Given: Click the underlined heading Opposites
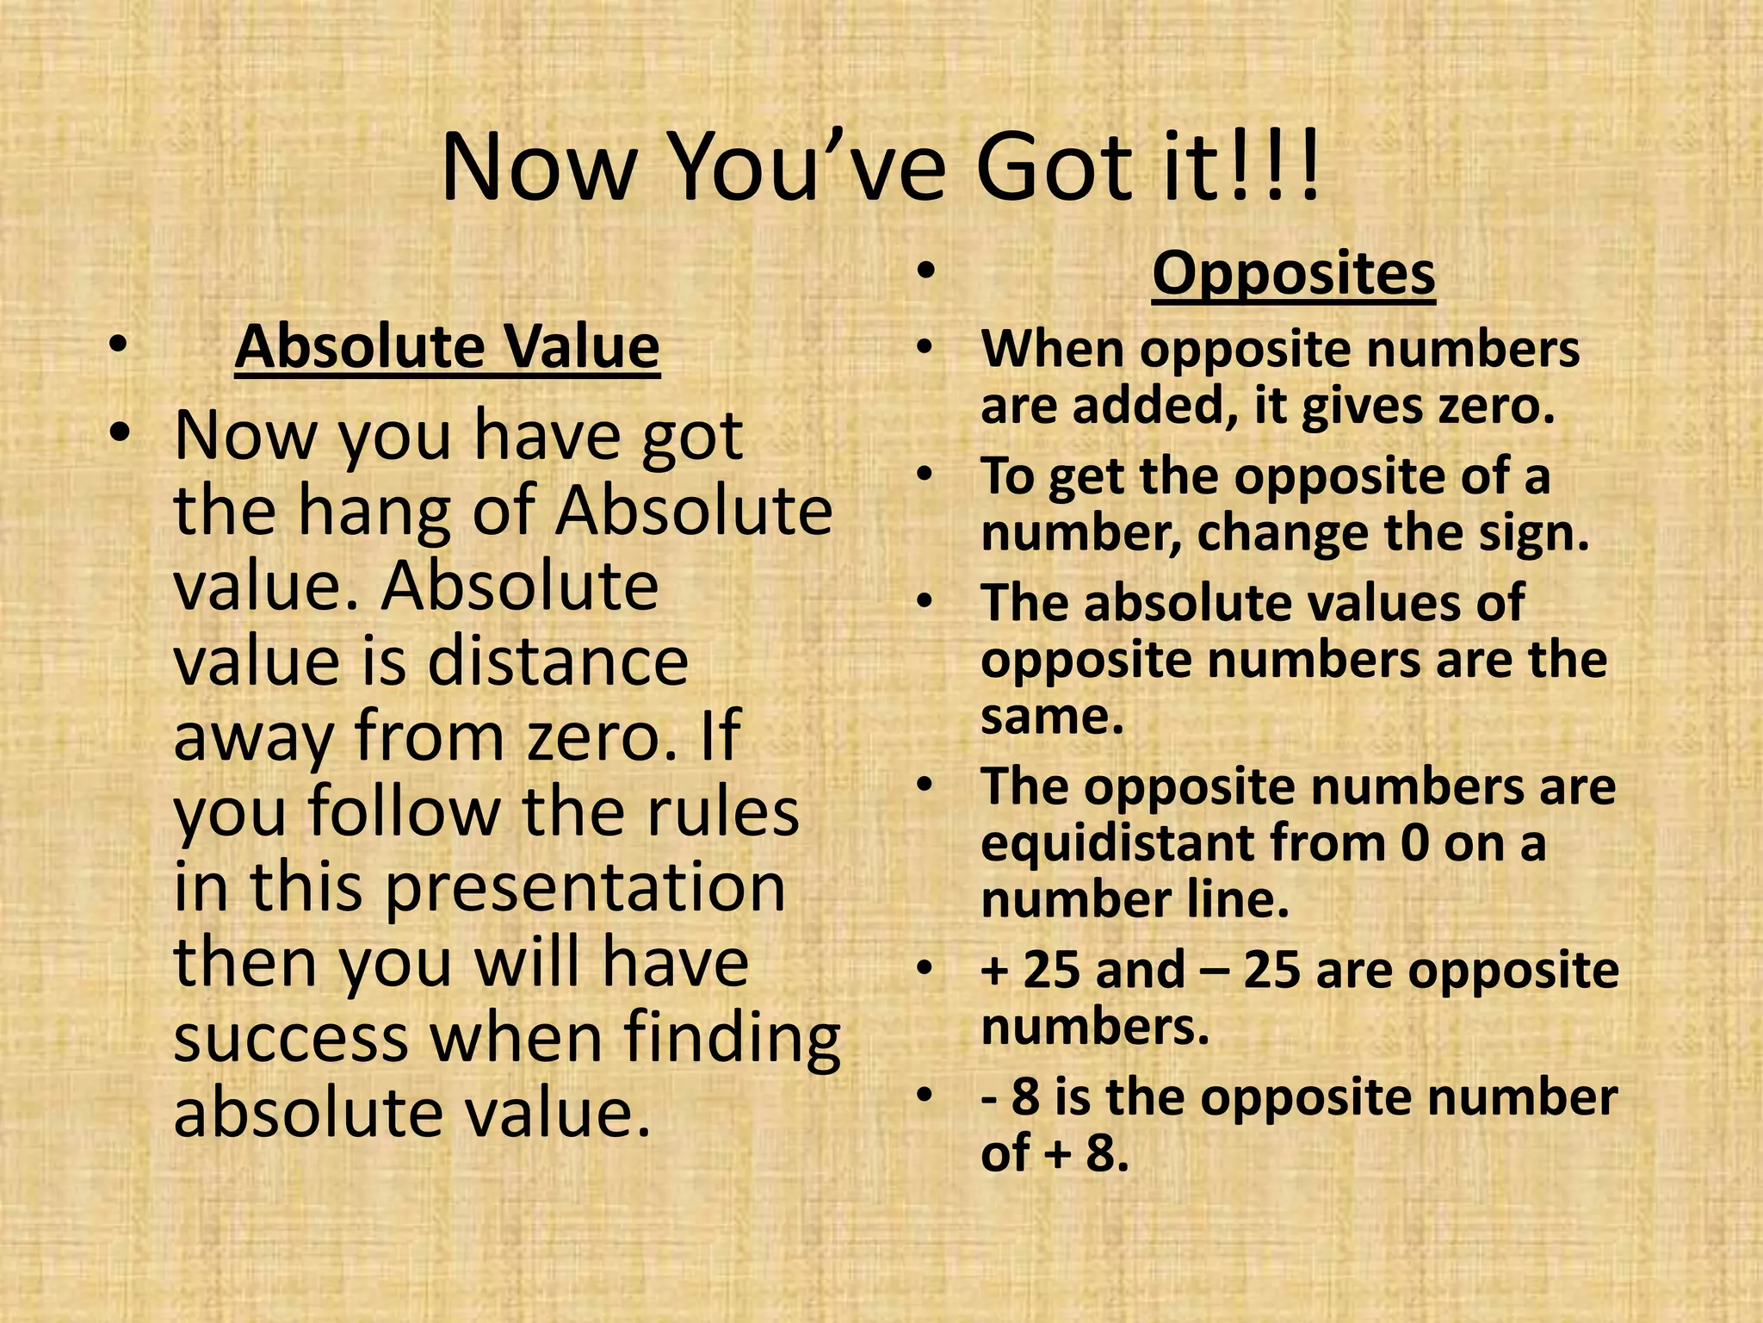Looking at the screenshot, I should [1293, 275].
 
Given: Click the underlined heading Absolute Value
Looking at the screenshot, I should [447, 347].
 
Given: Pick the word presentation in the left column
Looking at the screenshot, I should [585, 888].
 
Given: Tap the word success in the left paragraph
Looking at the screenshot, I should [291, 1038].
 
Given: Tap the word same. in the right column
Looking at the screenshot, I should [1052, 717].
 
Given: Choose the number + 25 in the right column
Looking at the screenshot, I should [1030, 971].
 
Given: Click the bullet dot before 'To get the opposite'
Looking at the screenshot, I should [925, 476].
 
